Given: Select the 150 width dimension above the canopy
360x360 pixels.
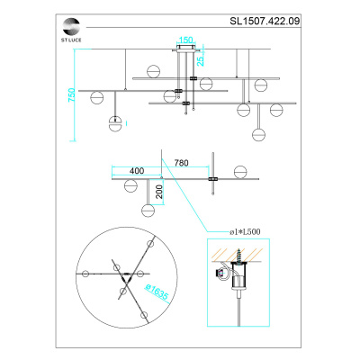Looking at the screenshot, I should point(185,40).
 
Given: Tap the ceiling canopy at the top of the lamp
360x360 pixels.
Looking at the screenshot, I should point(185,50).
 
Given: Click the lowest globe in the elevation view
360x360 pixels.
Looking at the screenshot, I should point(260,135).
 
